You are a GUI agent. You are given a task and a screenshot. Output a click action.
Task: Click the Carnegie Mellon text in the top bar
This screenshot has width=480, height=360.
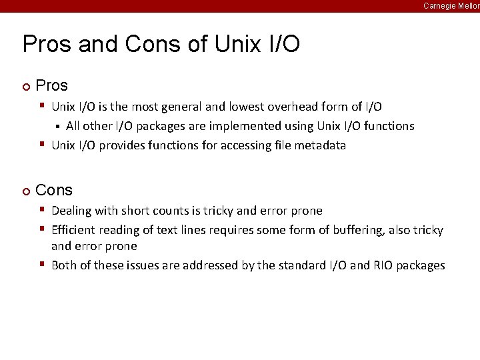pyautogui.click(x=451, y=5)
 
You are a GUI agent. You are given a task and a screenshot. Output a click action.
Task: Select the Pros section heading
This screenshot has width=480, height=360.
pyautogui.click(x=51, y=85)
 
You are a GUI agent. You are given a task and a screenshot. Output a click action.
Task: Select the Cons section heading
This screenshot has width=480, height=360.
pyautogui.click(x=54, y=190)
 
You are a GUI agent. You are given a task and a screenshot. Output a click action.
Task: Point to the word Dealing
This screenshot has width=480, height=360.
pyautogui.click(x=71, y=211)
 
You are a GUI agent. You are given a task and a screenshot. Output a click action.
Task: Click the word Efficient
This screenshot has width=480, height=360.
pyautogui.click(x=73, y=230)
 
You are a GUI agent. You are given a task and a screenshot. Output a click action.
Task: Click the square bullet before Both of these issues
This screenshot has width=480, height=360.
pyautogui.click(x=41, y=264)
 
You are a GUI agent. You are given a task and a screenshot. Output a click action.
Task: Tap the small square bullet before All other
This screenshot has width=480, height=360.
pyautogui.click(x=57, y=126)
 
